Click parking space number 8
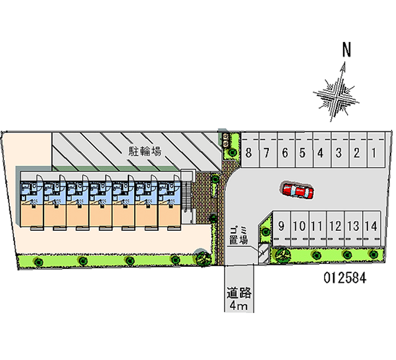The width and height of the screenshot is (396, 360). (x=248, y=153)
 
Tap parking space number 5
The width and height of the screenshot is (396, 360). (x=302, y=153)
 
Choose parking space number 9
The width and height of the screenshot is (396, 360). (x=282, y=227)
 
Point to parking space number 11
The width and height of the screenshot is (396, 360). (x=317, y=227)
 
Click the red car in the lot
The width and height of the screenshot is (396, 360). (x=297, y=190)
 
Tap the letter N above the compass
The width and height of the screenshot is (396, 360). (x=347, y=50)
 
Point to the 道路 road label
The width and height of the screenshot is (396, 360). (x=239, y=293)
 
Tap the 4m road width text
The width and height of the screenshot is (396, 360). (x=239, y=306)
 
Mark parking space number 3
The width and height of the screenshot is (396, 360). (x=339, y=153)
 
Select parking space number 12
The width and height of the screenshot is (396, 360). (x=335, y=227)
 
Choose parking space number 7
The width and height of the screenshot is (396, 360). (x=266, y=153)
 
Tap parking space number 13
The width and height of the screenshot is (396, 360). (x=353, y=227)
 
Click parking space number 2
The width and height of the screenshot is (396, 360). (x=356, y=153)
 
